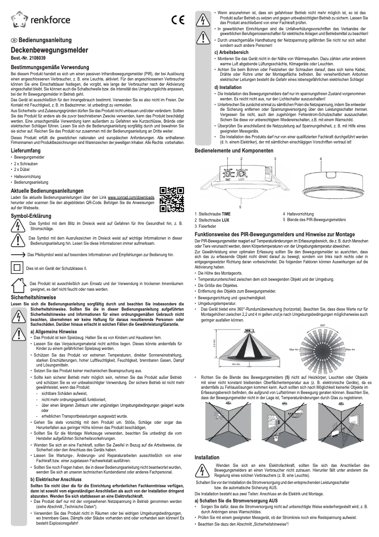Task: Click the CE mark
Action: [x=177, y=20]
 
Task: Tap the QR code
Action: [x=172, y=199]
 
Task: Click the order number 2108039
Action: [x=36, y=57]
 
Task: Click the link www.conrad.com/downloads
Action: [x=131, y=197]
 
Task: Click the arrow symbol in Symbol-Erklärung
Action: [x=18, y=254]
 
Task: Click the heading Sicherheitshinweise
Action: [x=32, y=297]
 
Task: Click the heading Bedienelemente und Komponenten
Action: [x=234, y=137]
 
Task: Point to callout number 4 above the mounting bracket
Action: [x=320, y=145]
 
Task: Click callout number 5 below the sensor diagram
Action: [x=241, y=206]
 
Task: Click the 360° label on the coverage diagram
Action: [x=322, y=326]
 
